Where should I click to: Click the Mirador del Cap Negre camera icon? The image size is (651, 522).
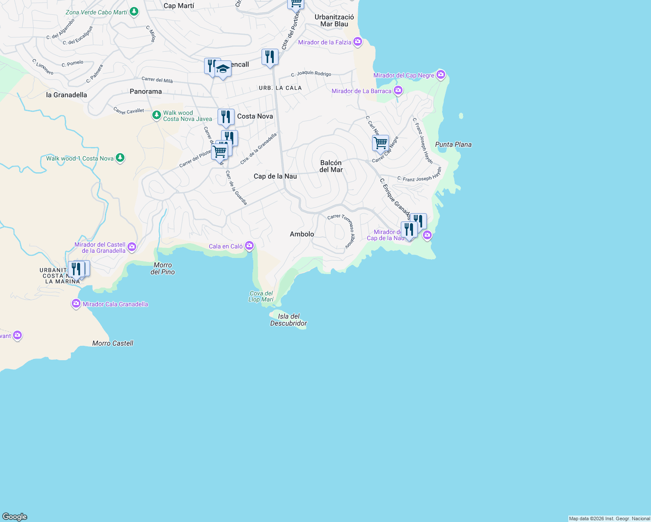441,75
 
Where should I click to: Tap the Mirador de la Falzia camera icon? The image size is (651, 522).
358,42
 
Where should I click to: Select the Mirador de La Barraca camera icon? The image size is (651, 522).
398,91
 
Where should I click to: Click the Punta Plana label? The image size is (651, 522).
453,144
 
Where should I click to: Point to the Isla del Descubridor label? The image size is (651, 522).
289,320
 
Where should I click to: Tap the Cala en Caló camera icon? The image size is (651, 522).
249,246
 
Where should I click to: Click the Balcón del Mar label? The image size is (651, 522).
331,166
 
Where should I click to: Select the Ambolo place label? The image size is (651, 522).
302,234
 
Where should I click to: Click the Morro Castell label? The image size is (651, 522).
113,343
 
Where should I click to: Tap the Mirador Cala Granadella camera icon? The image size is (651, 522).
77,304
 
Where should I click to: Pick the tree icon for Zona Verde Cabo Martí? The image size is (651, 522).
134,12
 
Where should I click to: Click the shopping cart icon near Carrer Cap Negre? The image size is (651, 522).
380,143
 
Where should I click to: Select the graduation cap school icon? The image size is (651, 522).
223,69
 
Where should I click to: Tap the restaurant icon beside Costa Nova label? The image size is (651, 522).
226,117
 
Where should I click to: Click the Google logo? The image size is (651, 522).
15,517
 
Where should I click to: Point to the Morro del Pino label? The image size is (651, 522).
163,268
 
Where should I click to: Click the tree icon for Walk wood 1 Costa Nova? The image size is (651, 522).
120,158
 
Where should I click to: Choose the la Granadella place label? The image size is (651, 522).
67,95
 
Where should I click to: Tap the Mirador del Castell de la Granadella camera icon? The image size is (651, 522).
132,248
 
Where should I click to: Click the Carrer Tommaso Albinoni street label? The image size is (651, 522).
342,231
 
